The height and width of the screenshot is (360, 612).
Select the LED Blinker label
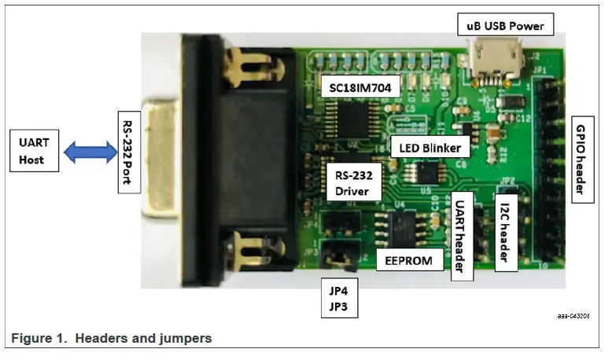click(x=430, y=147)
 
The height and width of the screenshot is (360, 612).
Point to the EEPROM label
click(x=409, y=260)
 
